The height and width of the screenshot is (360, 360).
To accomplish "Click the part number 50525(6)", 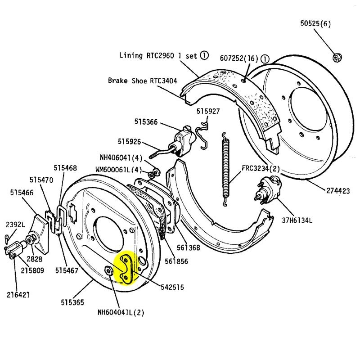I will pos(315,24).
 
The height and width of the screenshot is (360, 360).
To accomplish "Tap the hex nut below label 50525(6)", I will pos(336,58).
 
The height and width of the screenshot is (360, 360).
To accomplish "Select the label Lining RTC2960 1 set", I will pos(159,56).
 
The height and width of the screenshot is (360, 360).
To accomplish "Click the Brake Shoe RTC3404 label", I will pos(143,81).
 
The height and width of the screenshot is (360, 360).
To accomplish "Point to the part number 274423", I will pos(337,191).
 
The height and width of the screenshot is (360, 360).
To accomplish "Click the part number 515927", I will pos(208,111).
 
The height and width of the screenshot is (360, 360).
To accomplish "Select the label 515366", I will pos(146,121).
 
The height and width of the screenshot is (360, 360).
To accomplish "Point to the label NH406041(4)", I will pos(121,158).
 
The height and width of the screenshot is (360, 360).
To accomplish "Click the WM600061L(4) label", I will pos(118,170).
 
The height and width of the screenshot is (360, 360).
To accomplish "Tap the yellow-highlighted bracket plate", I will pos(127,269).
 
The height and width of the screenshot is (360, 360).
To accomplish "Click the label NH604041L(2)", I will pos(121,311).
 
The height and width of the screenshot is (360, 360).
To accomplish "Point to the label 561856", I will pos(176,261).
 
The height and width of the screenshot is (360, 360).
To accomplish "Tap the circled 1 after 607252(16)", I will pos(265,58).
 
